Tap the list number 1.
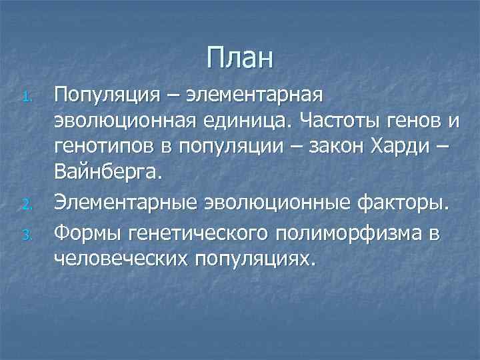[x=26, y=98]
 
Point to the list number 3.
[x=26, y=233]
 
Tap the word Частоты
[x=337, y=123]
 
